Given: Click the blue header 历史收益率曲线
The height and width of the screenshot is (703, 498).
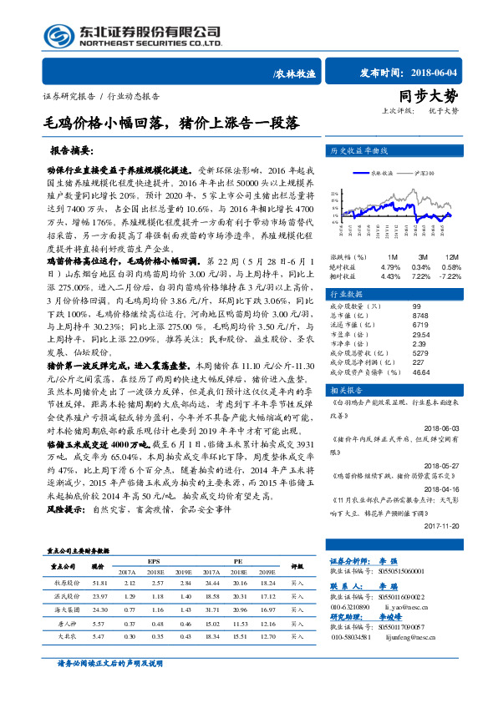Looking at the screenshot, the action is click(x=360, y=151).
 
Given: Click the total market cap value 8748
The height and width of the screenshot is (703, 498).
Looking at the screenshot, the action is click(x=420, y=314).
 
